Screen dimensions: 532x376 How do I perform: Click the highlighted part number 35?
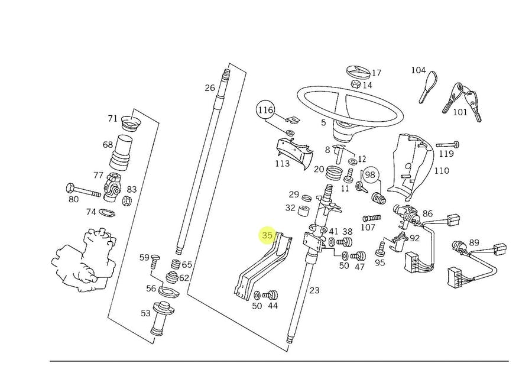tap(268, 235)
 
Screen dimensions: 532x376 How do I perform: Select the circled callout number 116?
tap(265, 110)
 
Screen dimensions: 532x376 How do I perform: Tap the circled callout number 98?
tap(370, 174)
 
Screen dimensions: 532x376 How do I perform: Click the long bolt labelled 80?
tap(83, 190)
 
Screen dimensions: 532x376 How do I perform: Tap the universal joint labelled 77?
tap(112, 187)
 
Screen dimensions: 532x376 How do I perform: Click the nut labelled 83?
tap(126, 201)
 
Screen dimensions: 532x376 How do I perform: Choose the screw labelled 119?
tap(447, 145)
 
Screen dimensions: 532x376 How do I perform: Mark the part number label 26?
tap(210, 88)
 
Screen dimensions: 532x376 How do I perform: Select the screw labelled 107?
tap(372, 218)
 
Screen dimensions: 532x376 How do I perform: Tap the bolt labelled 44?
tap(272, 294)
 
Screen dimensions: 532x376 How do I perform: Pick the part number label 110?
tap(442, 170)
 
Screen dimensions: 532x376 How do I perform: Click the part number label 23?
tap(314, 290)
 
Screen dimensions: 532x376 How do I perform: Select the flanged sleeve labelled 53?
tap(162, 317)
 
